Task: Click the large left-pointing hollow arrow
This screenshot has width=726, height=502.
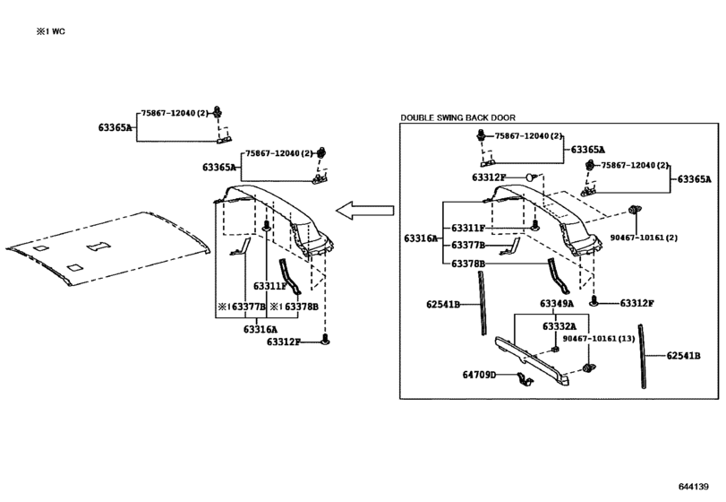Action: [365, 211]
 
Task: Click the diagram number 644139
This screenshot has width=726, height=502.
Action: [694, 486]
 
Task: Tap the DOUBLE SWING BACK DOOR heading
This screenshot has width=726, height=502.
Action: [458, 117]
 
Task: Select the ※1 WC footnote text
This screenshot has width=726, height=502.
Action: [51, 31]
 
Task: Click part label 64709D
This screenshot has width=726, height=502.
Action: [479, 375]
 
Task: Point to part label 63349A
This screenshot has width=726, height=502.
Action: [557, 304]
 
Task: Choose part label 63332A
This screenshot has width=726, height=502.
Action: [559, 327]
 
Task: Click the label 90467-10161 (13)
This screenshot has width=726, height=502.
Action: [599, 339]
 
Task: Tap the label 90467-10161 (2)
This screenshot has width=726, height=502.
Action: [644, 238]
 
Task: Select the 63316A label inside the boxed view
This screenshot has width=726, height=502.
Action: [421, 238]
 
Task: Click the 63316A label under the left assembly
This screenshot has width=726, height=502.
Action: [261, 330]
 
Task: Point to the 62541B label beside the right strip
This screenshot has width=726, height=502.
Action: [683, 356]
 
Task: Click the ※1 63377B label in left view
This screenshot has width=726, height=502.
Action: [242, 307]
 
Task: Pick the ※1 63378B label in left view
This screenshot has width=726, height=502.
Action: [294, 307]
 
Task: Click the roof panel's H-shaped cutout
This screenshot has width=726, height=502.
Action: [98, 246]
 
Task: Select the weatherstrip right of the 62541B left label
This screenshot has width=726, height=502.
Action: [483, 303]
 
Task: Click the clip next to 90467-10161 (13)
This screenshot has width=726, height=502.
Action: [589, 368]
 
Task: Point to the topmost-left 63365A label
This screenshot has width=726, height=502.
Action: [115, 127]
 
